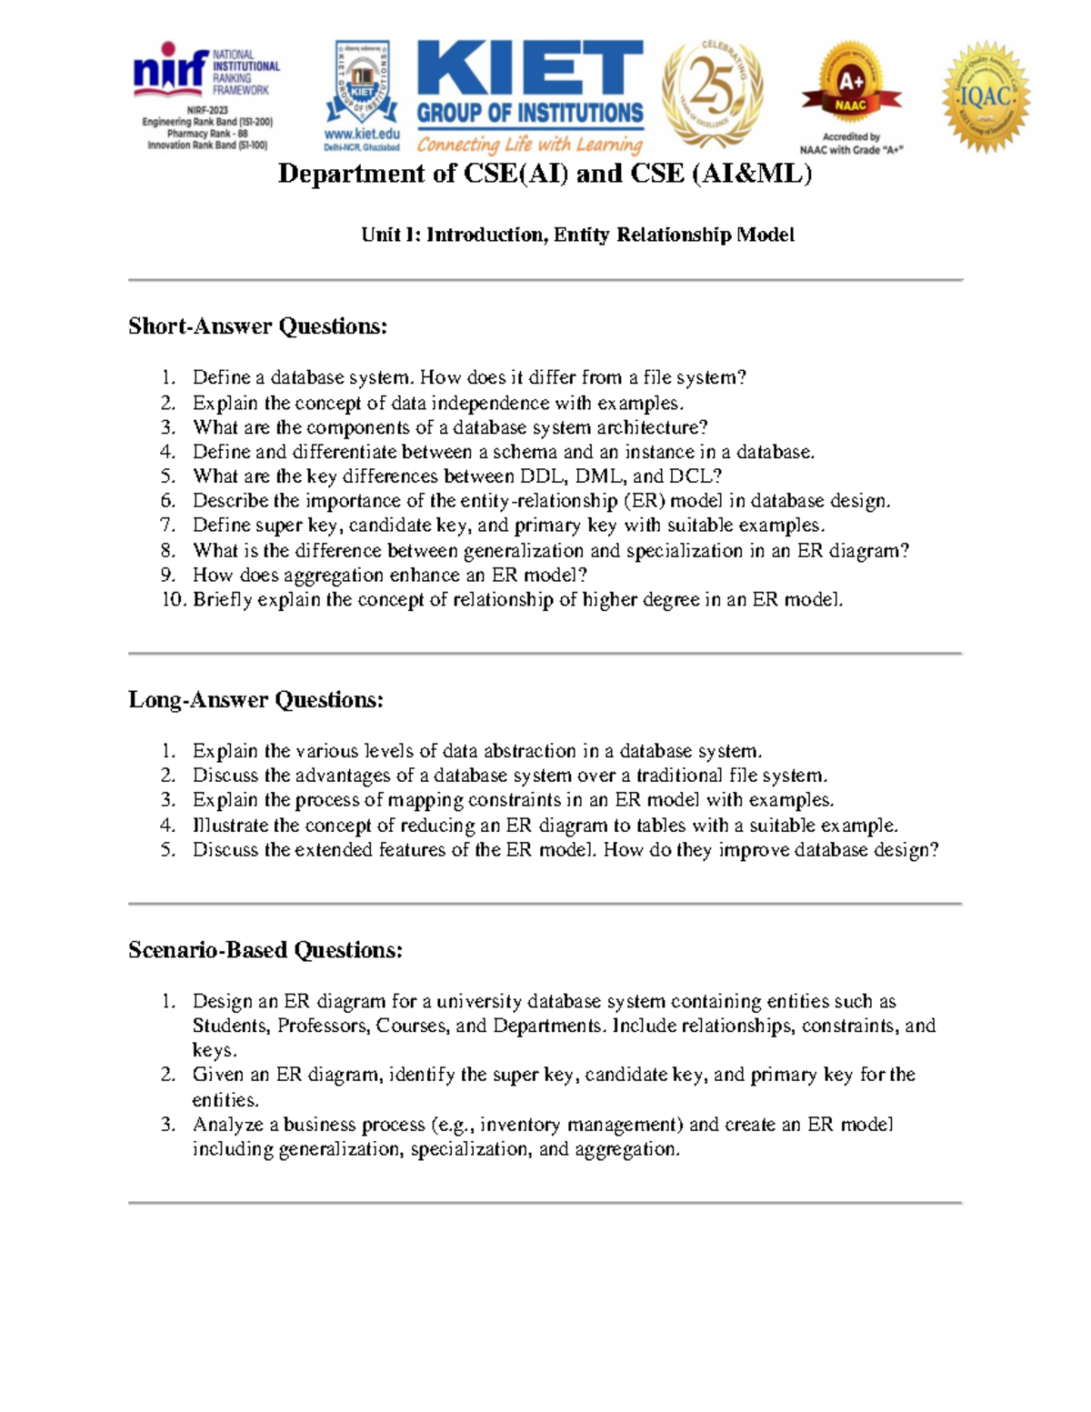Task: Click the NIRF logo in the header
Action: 170,71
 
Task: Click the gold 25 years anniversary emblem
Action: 712,93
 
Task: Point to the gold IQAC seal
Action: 986,95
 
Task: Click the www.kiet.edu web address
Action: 362,134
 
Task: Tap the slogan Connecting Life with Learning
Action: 530,145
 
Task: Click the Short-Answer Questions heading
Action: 257,326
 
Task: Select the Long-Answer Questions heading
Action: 255,700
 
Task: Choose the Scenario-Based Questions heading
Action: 265,950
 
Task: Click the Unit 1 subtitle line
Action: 577,235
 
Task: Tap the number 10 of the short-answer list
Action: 173,600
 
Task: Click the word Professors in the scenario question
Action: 323,1026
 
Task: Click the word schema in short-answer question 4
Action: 525,452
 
